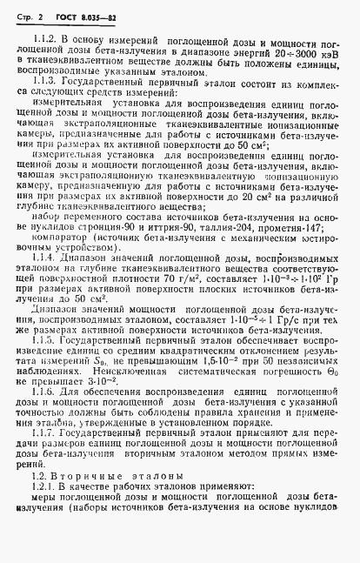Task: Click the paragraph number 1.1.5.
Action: pos(43,341)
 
